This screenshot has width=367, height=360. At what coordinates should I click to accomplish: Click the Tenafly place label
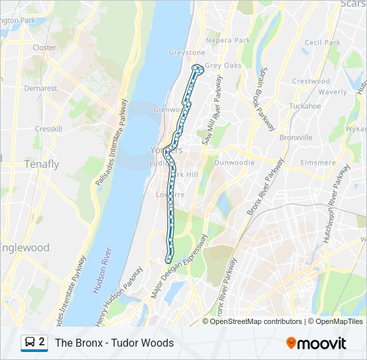coord(41,164)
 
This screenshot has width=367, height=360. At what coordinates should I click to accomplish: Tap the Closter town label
coord(44,48)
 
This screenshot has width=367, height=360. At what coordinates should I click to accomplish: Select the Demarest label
coord(41,88)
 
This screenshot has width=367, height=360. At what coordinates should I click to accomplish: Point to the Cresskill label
coord(48,129)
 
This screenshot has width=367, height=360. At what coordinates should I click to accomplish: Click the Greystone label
coord(187,53)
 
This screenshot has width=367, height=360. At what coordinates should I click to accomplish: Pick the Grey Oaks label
coord(223,65)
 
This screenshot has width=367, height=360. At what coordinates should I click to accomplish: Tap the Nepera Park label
coord(228,41)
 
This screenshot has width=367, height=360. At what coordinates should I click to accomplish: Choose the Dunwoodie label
coord(236,162)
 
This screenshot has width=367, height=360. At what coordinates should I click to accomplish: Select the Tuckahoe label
coord(305,106)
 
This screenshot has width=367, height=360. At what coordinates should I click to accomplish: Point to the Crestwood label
coord(310,81)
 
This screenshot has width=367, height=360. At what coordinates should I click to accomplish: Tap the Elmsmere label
coord(318,162)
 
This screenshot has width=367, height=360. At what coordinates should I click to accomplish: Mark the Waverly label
coord(332,92)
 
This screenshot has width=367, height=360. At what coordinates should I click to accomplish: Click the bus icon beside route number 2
coord(30,343)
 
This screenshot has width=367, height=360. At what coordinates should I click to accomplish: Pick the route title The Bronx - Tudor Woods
coord(114,343)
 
